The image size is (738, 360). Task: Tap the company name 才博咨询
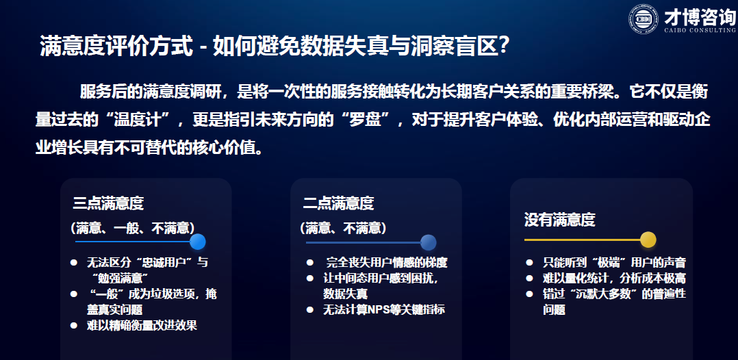click(x=700, y=17)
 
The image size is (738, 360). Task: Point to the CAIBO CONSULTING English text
click(x=700, y=31)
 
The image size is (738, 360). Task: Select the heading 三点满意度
click(x=108, y=203)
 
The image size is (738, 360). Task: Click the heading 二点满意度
click(x=338, y=203)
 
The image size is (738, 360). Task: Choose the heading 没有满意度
click(x=559, y=219)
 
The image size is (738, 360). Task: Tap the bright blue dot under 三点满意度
click(x=198, y=242)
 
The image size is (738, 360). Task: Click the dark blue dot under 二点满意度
click(x=429, y=242)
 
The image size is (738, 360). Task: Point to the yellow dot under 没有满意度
click(x=648, y=240)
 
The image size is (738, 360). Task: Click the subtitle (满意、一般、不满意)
click(x=133, y=228)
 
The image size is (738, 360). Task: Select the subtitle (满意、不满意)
click(x=343, y=228)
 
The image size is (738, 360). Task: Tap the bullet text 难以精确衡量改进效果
click(x=142, y=326)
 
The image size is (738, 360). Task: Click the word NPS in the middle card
click(x=379, y=309)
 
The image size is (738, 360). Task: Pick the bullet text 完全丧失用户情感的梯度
click(x=387, y=262)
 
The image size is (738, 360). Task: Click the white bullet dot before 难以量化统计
click(x=529, y=279)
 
